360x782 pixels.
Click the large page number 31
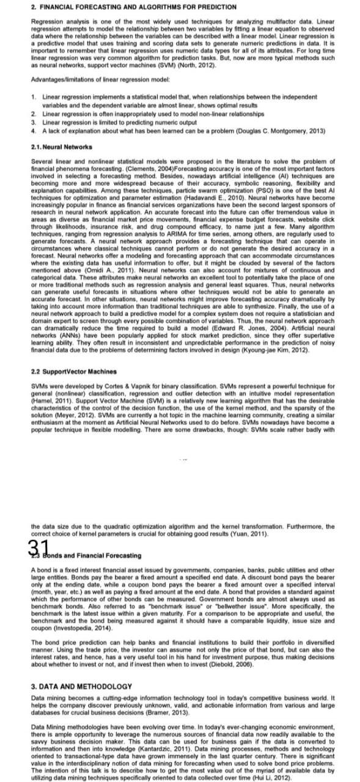point(39,547)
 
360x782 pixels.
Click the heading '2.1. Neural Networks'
point(61,147)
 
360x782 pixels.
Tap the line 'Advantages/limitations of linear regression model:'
point(95,80)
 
